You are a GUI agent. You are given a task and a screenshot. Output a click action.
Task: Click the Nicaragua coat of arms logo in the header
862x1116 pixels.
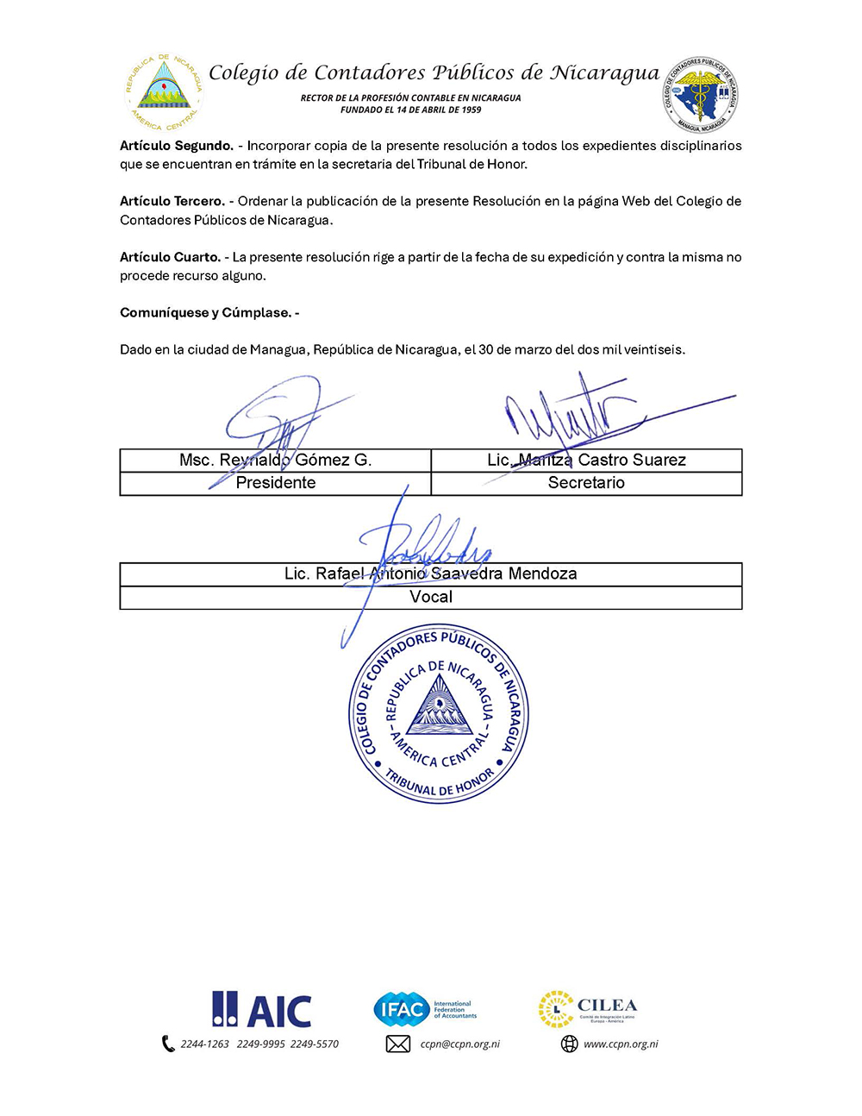pos(162,91)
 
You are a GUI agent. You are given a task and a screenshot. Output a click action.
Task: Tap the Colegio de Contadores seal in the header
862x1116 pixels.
pos(700,94)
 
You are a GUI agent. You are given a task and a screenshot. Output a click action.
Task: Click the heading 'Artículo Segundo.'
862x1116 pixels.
pos(176,146)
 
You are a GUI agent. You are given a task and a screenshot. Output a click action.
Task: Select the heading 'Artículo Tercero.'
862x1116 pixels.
pos(172,201)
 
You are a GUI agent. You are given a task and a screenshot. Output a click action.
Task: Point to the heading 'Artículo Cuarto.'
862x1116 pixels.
pos(170,257)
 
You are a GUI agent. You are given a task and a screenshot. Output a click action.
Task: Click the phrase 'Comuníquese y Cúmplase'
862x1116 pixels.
pos(206,312)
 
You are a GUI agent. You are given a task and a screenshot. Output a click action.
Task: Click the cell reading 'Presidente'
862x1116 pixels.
pos(276,483)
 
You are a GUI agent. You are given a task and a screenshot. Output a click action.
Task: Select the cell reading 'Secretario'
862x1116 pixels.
pos(586,483)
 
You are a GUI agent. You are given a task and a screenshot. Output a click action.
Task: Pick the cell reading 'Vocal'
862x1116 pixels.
pos(431,597)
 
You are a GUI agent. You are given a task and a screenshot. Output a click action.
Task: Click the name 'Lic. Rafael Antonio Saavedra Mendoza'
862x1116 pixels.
pos(431,574)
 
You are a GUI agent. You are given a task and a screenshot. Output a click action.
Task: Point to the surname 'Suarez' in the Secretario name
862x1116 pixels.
pos(658,460)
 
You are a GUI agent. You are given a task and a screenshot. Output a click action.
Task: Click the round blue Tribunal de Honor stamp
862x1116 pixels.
pos(439,713)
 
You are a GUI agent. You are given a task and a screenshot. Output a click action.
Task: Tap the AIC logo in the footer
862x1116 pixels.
pos(262,1009)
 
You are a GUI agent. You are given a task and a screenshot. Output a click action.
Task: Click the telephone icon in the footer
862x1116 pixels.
pos(168,1044)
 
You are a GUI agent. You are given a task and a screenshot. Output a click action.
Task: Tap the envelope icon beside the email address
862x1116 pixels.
pos(397,1044)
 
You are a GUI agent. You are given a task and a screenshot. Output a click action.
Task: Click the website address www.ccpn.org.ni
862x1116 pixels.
pos(621,1044)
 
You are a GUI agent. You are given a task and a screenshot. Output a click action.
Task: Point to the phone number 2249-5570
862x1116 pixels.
pos(315,1044)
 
